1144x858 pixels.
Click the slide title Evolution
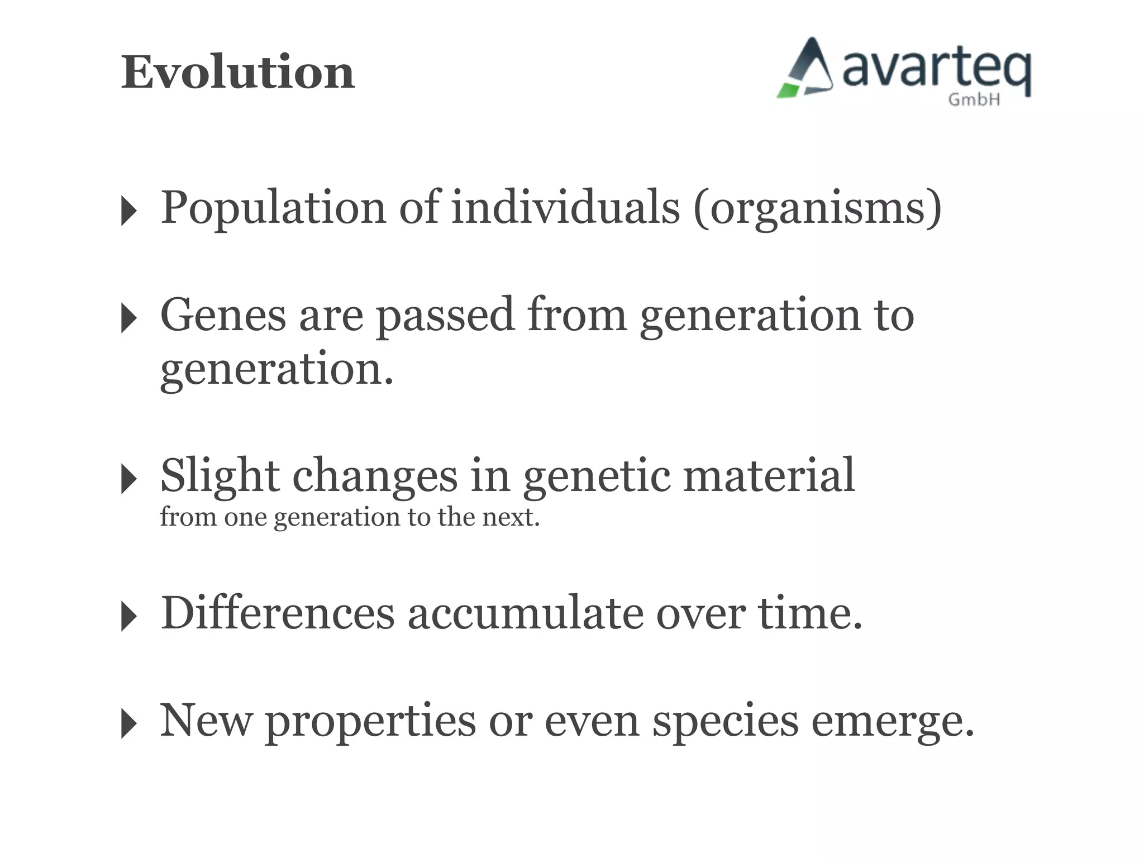click(238, 73)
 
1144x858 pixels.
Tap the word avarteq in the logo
click(936, 70)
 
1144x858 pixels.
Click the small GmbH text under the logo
click(974, 100)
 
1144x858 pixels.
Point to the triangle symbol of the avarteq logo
click(807, 70)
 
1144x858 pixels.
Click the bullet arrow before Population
click(128, 211)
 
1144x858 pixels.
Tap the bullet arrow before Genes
click(128, 318)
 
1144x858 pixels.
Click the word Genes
click(223, 315)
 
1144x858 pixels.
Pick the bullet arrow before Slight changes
click(128, 479)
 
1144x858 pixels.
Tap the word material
click(769, 475)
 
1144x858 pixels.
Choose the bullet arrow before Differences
click(128, 617)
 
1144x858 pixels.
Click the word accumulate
click(525, 614)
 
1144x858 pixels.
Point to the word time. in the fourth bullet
click(810, 613)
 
